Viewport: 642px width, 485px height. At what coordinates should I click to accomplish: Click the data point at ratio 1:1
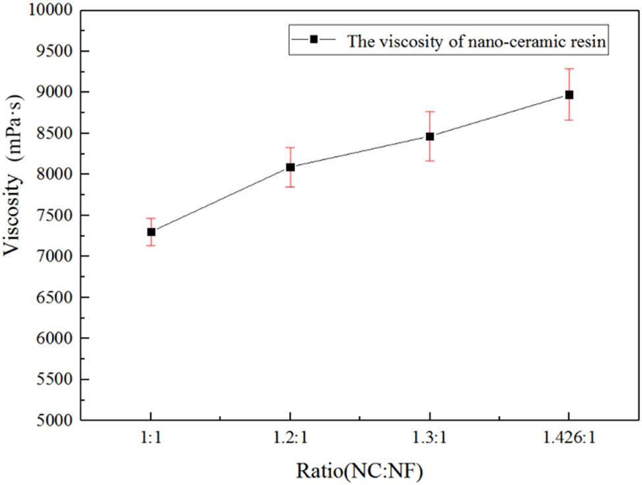[151, 232]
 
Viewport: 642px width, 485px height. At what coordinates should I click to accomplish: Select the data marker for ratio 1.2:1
[290, 167]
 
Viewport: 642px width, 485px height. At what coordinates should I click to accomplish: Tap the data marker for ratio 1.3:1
[430, 136]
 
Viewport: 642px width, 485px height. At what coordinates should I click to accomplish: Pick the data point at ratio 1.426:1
[569, 95]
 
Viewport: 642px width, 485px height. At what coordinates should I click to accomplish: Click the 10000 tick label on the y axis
[54, 11]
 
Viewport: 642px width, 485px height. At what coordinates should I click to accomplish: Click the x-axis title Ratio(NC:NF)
[360, 471]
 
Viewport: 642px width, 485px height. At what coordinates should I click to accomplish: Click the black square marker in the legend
[314, 40]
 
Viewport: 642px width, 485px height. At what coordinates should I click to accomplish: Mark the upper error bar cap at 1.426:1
[569, 68]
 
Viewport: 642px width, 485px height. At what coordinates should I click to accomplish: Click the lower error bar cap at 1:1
[151, 245]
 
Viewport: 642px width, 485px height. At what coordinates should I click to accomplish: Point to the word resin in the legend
[590, 41]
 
